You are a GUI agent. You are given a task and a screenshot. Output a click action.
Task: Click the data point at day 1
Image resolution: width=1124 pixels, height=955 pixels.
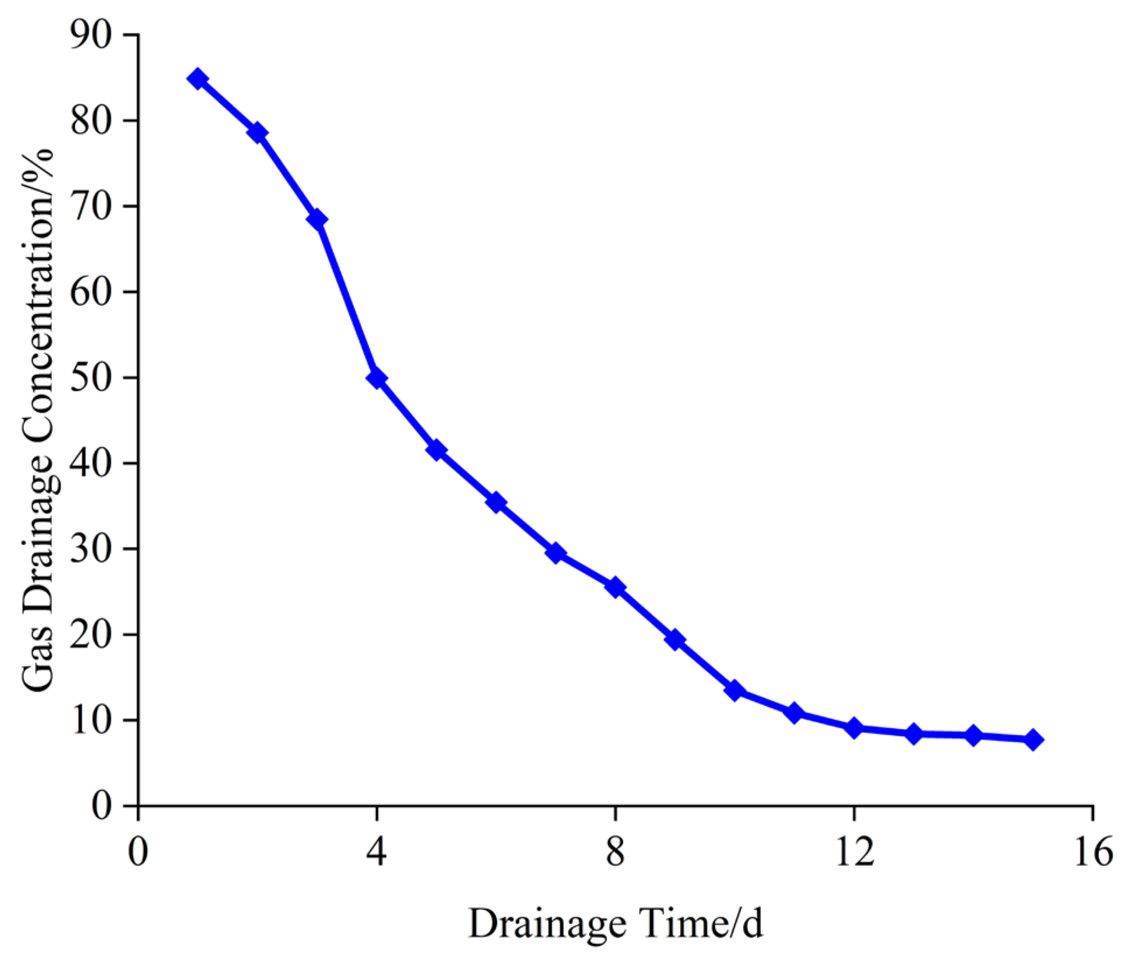[x=198, y=78]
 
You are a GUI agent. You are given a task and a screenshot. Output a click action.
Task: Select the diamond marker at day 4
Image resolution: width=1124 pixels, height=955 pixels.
[x=377, y=378]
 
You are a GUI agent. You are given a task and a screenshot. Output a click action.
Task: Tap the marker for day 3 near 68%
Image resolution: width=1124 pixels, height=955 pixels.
[x=317, y=220]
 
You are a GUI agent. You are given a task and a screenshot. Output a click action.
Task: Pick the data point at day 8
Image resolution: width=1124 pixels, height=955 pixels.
[x=615, y=587]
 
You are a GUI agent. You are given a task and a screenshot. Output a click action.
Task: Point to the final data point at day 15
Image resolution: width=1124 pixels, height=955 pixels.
[x=1032, y=740]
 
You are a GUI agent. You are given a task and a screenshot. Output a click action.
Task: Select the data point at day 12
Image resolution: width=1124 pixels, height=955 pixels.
[x=854, y=728]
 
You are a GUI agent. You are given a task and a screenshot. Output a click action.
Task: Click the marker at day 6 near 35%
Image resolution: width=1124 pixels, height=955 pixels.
[x=496, y=502]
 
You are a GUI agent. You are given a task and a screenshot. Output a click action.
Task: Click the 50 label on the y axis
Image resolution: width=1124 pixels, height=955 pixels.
[x=90, y=378]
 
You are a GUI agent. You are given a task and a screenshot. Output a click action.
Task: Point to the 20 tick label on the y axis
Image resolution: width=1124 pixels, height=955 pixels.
[x=90, y=635]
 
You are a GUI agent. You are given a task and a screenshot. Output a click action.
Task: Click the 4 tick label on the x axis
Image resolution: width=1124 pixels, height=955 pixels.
[x=377, y=852]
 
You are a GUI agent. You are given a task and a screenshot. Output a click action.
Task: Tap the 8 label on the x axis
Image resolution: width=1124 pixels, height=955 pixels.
[x=615, y=852]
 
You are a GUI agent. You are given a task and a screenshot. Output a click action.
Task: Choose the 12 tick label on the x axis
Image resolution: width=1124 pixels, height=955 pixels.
[x=854, y=852]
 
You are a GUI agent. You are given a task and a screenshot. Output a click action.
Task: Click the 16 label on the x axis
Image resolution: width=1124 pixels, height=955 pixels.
[x=1093, y=852]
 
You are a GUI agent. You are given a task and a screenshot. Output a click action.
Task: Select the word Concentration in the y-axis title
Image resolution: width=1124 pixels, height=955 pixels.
[x=38, y=306]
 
